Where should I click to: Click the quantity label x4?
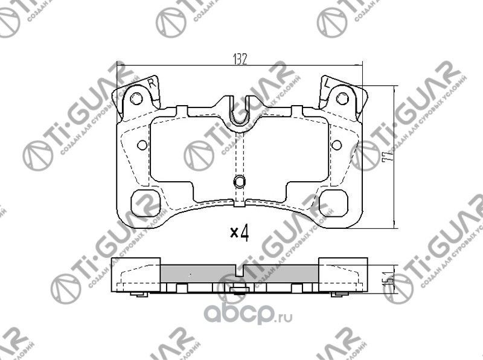point(240,232)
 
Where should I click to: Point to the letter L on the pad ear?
point(326,84)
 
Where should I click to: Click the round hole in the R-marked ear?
point(138,98)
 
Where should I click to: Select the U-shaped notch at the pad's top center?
point(240,115)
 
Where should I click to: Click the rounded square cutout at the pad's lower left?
point(144,201)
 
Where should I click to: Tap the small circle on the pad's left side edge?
point(142,145)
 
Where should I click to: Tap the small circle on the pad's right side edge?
point(337,145)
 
